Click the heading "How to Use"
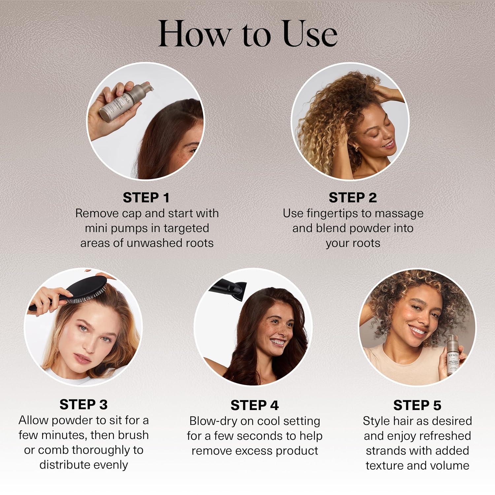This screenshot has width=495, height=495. click(247, 34)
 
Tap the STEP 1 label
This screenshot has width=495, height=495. click(146, 198)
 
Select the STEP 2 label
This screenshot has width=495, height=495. click(352, 198)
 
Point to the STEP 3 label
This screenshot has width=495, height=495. click(83, 405)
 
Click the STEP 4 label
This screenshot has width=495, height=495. click(254, 405)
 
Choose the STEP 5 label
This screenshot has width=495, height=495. click(417, 405)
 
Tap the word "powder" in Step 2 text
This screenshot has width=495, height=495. click(368, 228)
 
